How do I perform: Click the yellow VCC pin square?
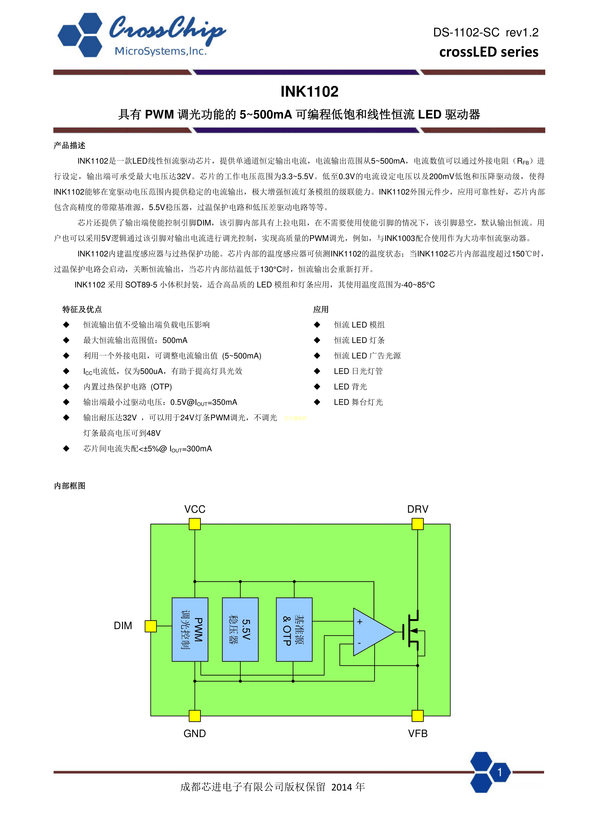click(x=195, y=524)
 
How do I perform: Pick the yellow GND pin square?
click(x=195, y=716)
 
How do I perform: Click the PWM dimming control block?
click(x=190, y=629)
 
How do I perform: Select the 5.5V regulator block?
click(x=240, y=629)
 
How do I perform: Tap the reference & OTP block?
click(x=294, y=629)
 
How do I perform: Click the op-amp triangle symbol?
click(x=371, y=632)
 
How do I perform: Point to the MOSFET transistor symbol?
click(x=413, y=632)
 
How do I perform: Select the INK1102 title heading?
click(x=309, y=92)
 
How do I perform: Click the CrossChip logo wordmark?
click(x=167, y=28)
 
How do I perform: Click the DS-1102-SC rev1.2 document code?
click(x=485, y=32)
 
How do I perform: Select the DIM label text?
click(x=123, y=626)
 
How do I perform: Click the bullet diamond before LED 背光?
click(x=317, y=387)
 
